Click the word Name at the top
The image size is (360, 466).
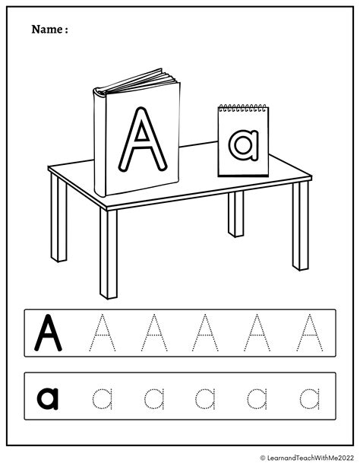point(48,30)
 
